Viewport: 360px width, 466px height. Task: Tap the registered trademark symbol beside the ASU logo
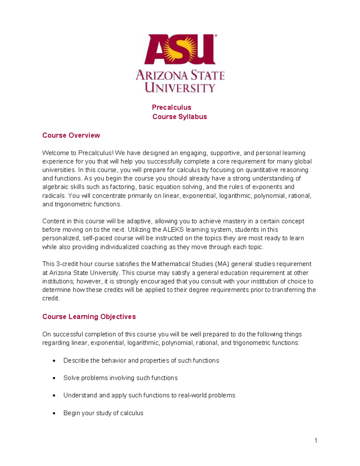point(216,36)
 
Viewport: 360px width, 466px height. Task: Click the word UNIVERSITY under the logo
point(180,88)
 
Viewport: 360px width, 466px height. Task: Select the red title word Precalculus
point(172,107)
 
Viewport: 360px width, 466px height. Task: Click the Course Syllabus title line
point(180,117)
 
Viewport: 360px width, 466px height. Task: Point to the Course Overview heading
point(71,135)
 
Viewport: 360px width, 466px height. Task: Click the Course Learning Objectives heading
point(89,317)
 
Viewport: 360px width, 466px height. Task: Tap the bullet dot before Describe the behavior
point(54,361)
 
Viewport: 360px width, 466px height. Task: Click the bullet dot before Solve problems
point(54,378)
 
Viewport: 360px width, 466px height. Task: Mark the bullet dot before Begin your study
point(54,413)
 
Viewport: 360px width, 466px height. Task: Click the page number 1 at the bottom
point(316,440)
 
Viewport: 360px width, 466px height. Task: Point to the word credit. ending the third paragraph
point(51,299)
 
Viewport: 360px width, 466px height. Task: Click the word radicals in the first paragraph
point(54,196)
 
